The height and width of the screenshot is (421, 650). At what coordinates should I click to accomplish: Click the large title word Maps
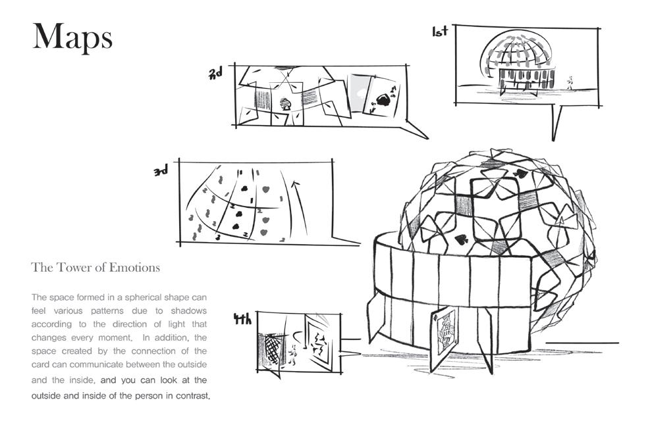tap(72, 37)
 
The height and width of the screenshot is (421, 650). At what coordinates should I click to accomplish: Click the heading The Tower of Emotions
tap(95, 268)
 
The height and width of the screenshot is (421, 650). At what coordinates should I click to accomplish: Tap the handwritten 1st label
tap(440, 31)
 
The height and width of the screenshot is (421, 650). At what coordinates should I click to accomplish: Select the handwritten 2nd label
tap(215, 73)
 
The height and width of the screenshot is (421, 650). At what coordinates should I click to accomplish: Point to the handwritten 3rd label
tap(161, 171)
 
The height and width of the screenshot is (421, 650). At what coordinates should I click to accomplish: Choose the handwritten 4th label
tap(242, 320)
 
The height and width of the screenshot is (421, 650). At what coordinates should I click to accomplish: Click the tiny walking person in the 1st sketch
tap(570, 82)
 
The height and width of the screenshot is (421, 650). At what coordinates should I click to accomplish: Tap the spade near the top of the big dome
tap(520, 174)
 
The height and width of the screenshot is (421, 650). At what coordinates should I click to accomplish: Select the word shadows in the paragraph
tap(188, 310)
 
